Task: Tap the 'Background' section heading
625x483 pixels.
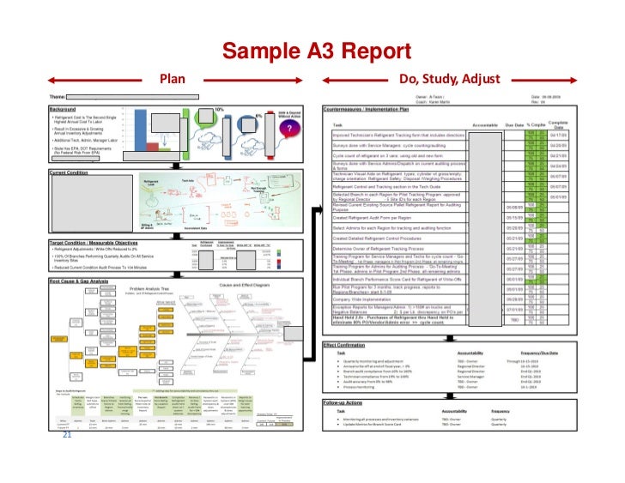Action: [x=63, y=110]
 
